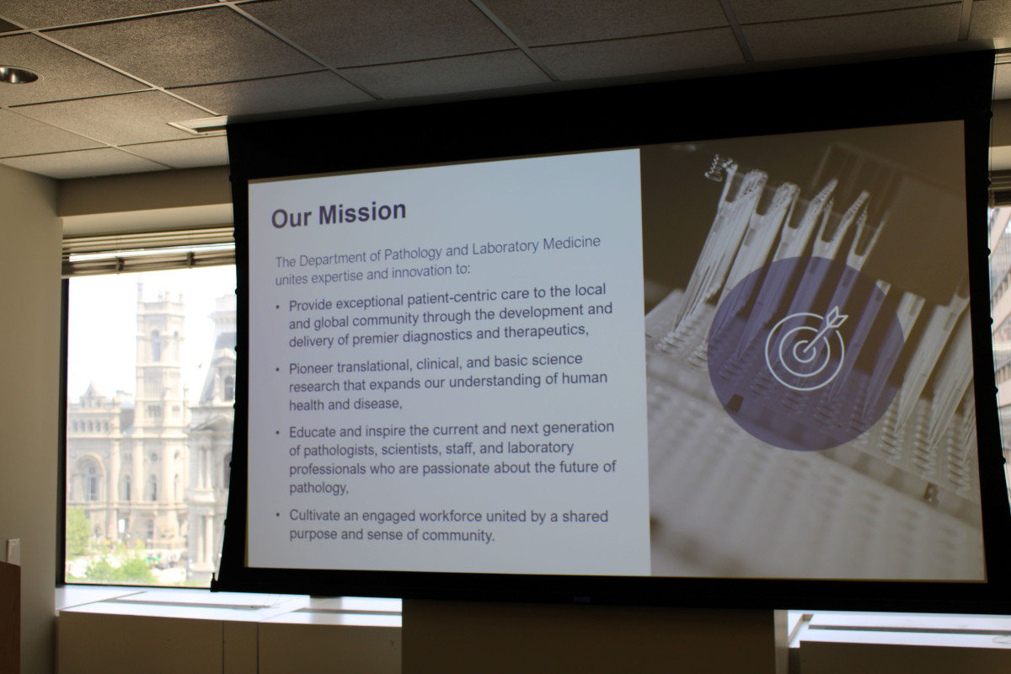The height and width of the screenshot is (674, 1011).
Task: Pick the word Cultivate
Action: coord(314,516)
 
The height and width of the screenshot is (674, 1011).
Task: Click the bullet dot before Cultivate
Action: coord(279,515)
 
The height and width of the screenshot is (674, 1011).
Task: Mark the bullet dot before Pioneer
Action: coord(277,370)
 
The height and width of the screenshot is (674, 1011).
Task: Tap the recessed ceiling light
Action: coord(18,74)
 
